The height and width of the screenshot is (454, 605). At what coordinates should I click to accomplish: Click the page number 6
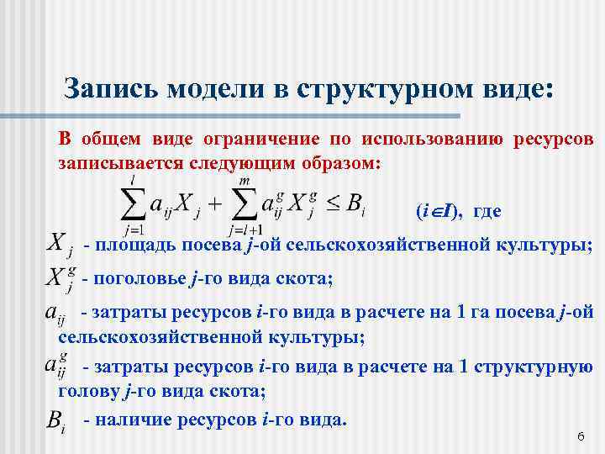pyautogui.click(x=580, y=437)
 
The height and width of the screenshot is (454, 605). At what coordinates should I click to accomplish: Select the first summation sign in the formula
pyautogui.click(x=133, y=203)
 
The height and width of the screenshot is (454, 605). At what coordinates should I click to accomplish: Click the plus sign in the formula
pyautogui.click(x=213, y=203)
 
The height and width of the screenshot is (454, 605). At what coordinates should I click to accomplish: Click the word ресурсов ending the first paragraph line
pyautogui.click(x=550, y=138)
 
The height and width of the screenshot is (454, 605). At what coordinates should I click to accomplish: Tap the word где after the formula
pyautogui.click(x=487, y=211)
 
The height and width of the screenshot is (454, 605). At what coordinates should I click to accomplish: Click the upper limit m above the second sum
pyautogui.click(x=244, y=180)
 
